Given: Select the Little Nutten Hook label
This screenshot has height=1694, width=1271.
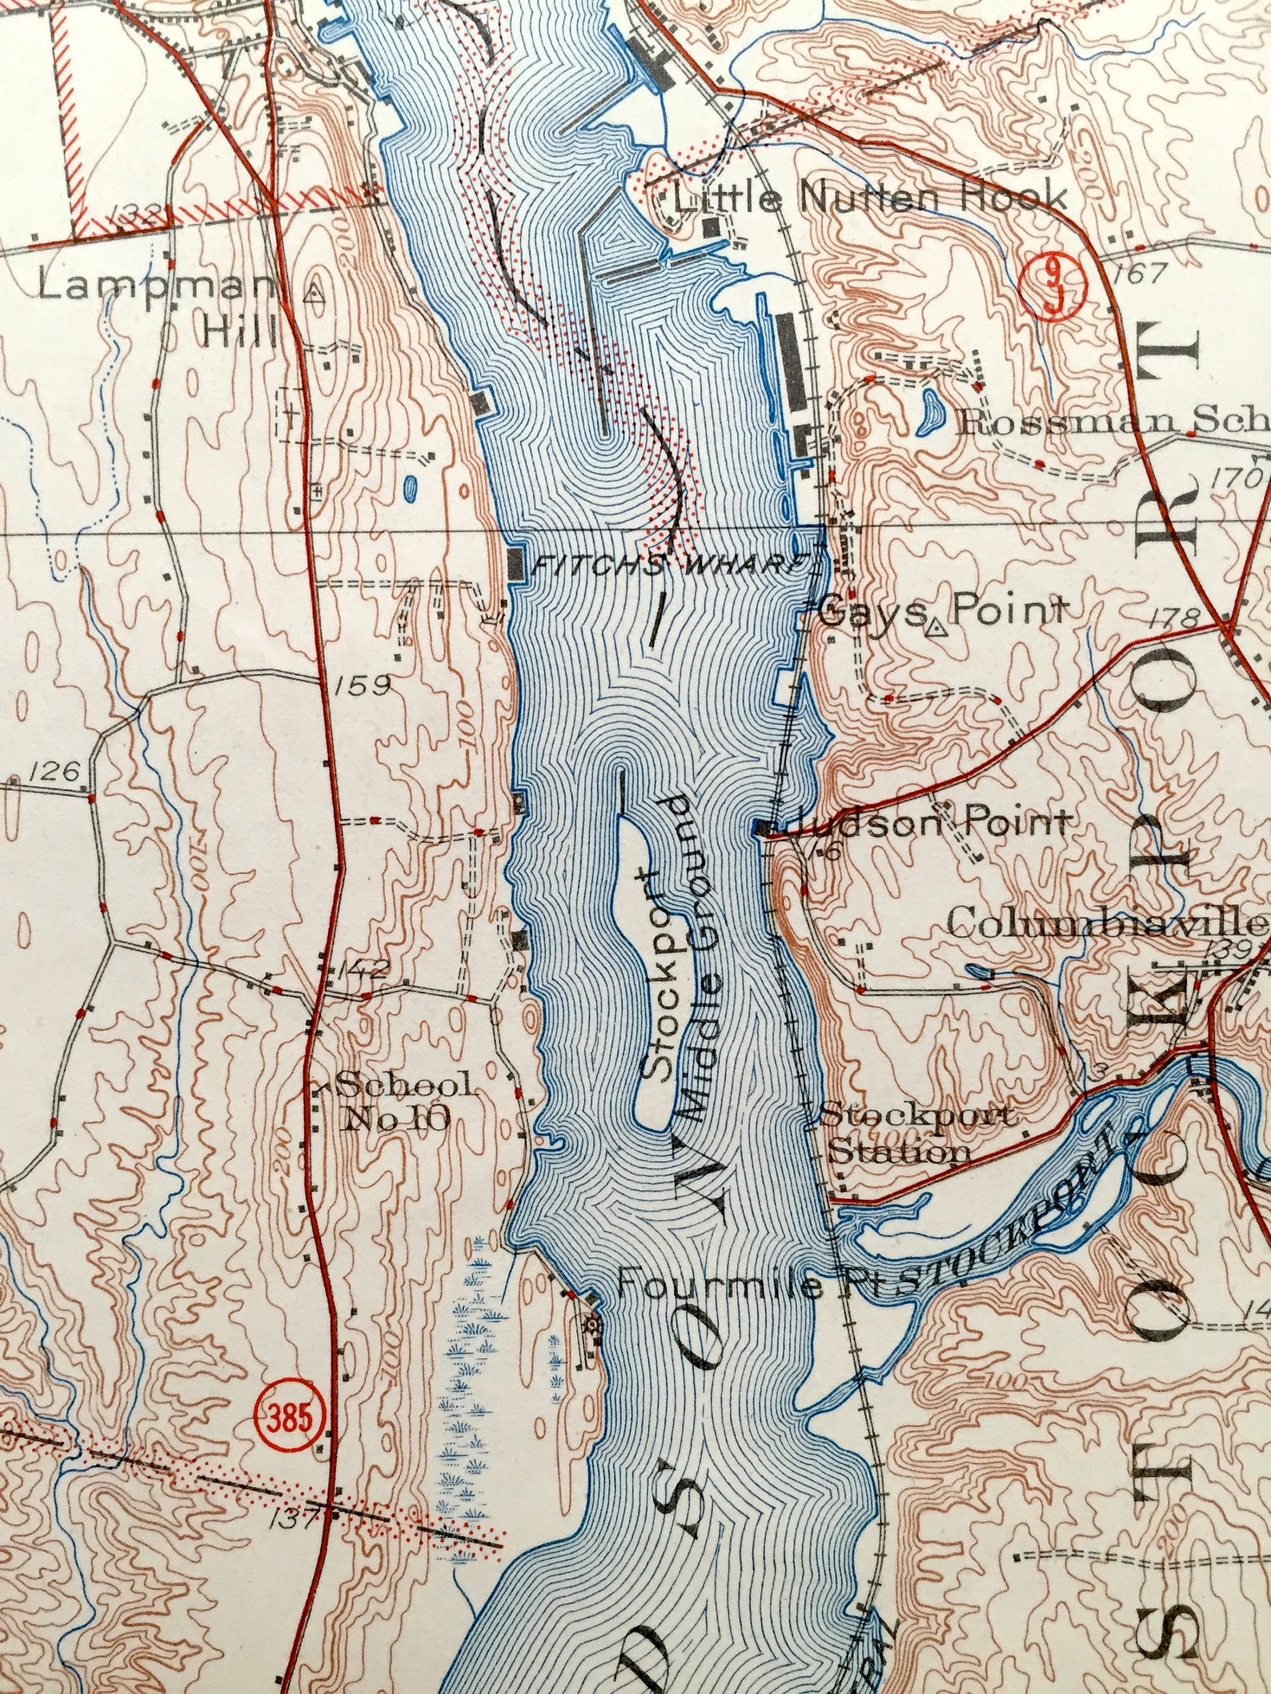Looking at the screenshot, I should click(870, 197).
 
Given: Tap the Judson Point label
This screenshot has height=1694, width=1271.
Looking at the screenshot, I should click(928, 822).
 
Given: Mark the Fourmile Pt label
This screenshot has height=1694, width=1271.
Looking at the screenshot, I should click(720, 1286).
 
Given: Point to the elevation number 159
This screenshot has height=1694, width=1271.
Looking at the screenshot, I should click(363, 685).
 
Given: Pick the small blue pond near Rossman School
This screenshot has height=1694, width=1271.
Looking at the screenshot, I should click(928, 413).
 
